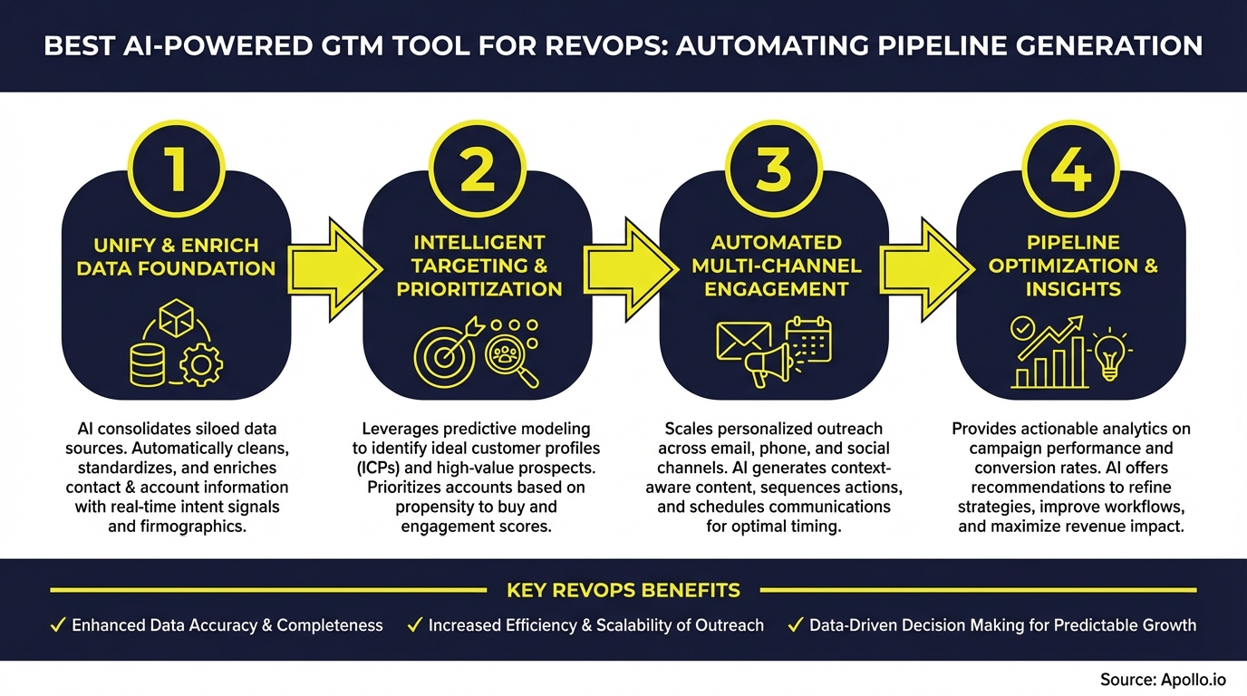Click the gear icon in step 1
tap(201, 365)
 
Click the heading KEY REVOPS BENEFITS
tap(623, 591)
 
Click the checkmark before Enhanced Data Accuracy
tap(57, 625)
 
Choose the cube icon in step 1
tap(176, 318)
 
